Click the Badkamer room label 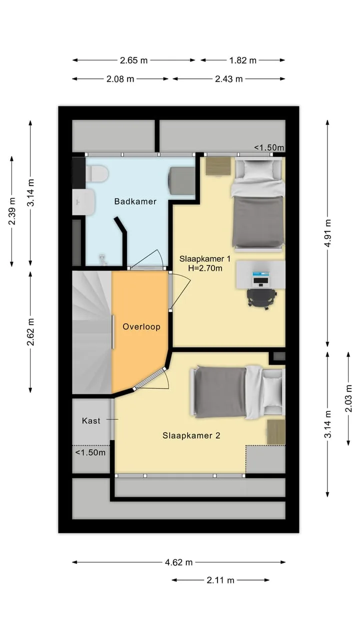[135, 201]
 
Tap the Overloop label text [141, 326]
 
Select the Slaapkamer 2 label [191, 435]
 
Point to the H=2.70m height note [205, 268]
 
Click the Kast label [91, 420]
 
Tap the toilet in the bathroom [97, 173]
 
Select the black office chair [262, 298]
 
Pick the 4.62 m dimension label [179, 562]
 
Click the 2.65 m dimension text [133, 60]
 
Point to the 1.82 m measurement [243, 60]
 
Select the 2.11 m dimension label [220, 580]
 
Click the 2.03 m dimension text [348, 398]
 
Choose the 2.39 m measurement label [11, 211]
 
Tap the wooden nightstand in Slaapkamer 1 [218, 166]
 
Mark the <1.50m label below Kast [90, 452]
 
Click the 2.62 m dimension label [30, 331]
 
